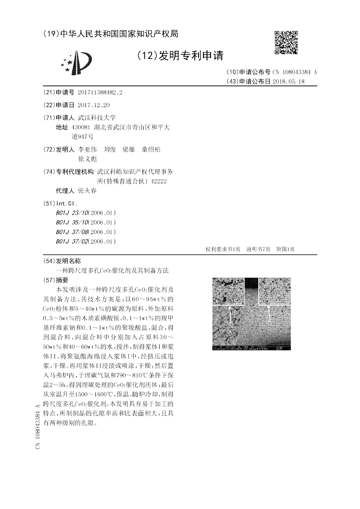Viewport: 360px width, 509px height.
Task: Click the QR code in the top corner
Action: [x=286, y=42]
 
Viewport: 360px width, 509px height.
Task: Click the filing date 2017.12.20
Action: [x=94, y=105]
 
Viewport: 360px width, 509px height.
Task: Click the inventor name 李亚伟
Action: [x=87, y=149]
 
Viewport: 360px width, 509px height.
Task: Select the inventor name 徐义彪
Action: [x=87, y=159]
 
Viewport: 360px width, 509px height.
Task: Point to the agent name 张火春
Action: [x=87, y=190]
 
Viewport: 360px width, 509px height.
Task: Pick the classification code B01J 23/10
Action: [x=73, y=213]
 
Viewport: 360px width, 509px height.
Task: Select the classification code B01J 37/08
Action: [x=73, y=232]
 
